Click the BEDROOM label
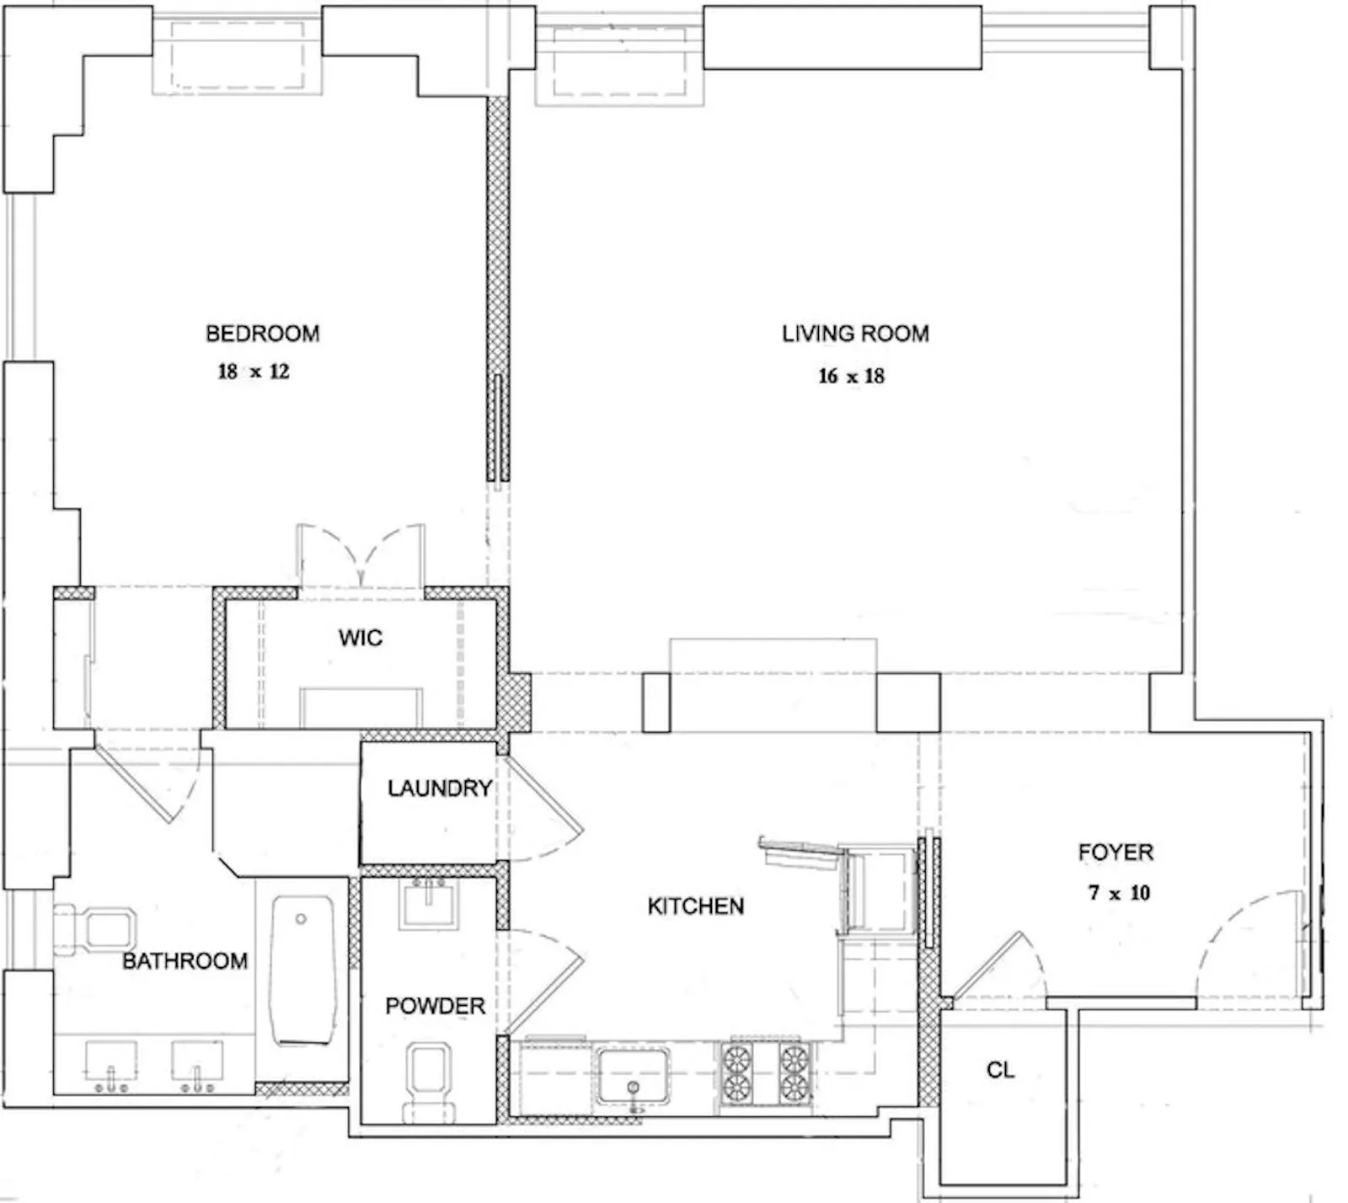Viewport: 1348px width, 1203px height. pos(262,334)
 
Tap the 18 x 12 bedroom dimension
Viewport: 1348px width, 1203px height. pos(253,372)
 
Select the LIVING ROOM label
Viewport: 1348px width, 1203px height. pos(854,334)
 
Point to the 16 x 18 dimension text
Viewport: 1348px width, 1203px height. pos(851,376)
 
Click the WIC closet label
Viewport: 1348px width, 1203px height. pos(360,638)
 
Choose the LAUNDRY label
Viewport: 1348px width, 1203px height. pos(439,789)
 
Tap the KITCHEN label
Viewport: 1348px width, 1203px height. pos(695,906)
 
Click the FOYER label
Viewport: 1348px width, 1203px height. pos(1115,853)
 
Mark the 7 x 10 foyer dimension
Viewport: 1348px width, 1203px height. pos(1119,892)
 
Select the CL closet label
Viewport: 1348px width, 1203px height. pos(1000,1070)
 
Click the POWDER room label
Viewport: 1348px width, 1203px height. pos(435,1006)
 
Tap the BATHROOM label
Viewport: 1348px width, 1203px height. pos(185,961)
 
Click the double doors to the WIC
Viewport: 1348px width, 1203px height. pos(361,556)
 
